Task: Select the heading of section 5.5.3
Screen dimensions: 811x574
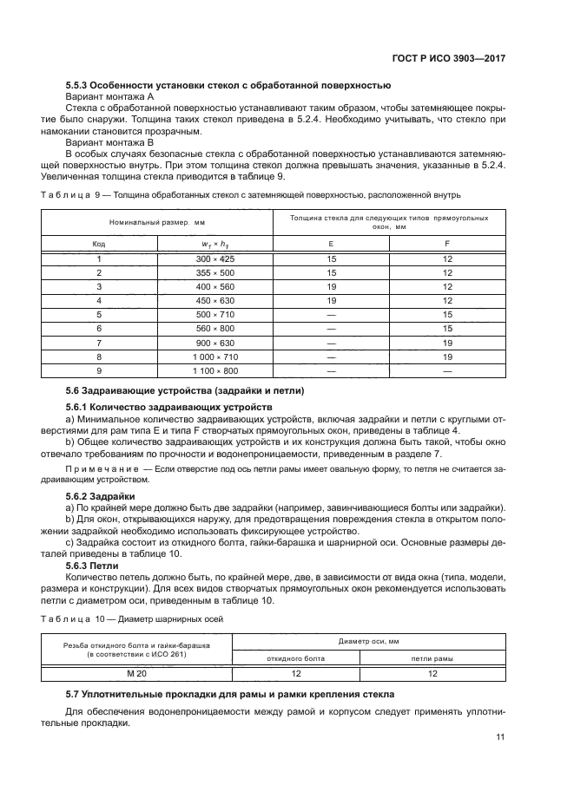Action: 228,85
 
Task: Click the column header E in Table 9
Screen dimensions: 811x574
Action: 331,244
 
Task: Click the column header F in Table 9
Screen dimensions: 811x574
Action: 447,244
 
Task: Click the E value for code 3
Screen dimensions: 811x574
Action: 331,286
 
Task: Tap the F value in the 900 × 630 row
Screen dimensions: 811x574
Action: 447,342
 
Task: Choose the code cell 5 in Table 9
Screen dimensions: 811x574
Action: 99,314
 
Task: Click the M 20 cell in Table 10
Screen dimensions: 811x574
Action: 136,672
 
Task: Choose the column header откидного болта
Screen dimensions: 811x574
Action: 295,658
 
